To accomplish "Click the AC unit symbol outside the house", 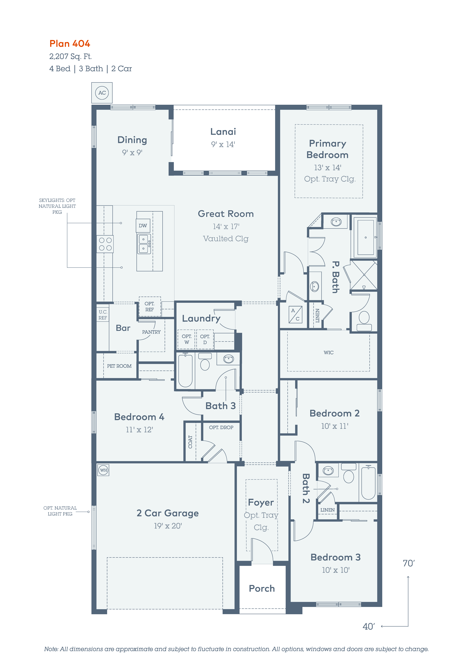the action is click(102, 93).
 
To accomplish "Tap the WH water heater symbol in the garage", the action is click(103, 470).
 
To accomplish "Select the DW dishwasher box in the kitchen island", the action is click(143, 226).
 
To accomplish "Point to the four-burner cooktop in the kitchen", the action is click(105, 244).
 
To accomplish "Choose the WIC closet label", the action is click(329, 353).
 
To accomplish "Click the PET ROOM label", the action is click(119, 366).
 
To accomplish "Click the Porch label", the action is click(262, 589).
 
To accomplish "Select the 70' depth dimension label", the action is click(409, 563).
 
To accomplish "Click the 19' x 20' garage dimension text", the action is click(168, 526).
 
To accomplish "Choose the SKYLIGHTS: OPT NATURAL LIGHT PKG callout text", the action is click(57, 206).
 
